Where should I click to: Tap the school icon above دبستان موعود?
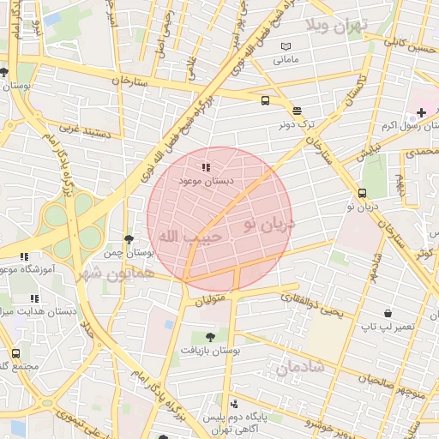click(x=205, y=168)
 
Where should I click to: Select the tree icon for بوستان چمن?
click(x=129, y=239)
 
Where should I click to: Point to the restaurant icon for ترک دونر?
click(x=297, y=111)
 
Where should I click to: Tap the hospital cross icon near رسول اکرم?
click(x=421, y=112)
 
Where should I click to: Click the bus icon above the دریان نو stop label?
click(x=362, y=193)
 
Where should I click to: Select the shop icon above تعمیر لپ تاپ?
click(x=388, y=315)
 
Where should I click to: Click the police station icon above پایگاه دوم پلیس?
click(x=234, y=403)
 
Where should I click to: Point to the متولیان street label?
click(x=215, y=301)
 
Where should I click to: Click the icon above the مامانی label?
click(x=286, y=46)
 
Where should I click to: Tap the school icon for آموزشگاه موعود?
click(x=24, y=256)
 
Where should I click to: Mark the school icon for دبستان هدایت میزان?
click(x=34, y=298)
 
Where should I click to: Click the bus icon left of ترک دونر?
click(x=265, y=100)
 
